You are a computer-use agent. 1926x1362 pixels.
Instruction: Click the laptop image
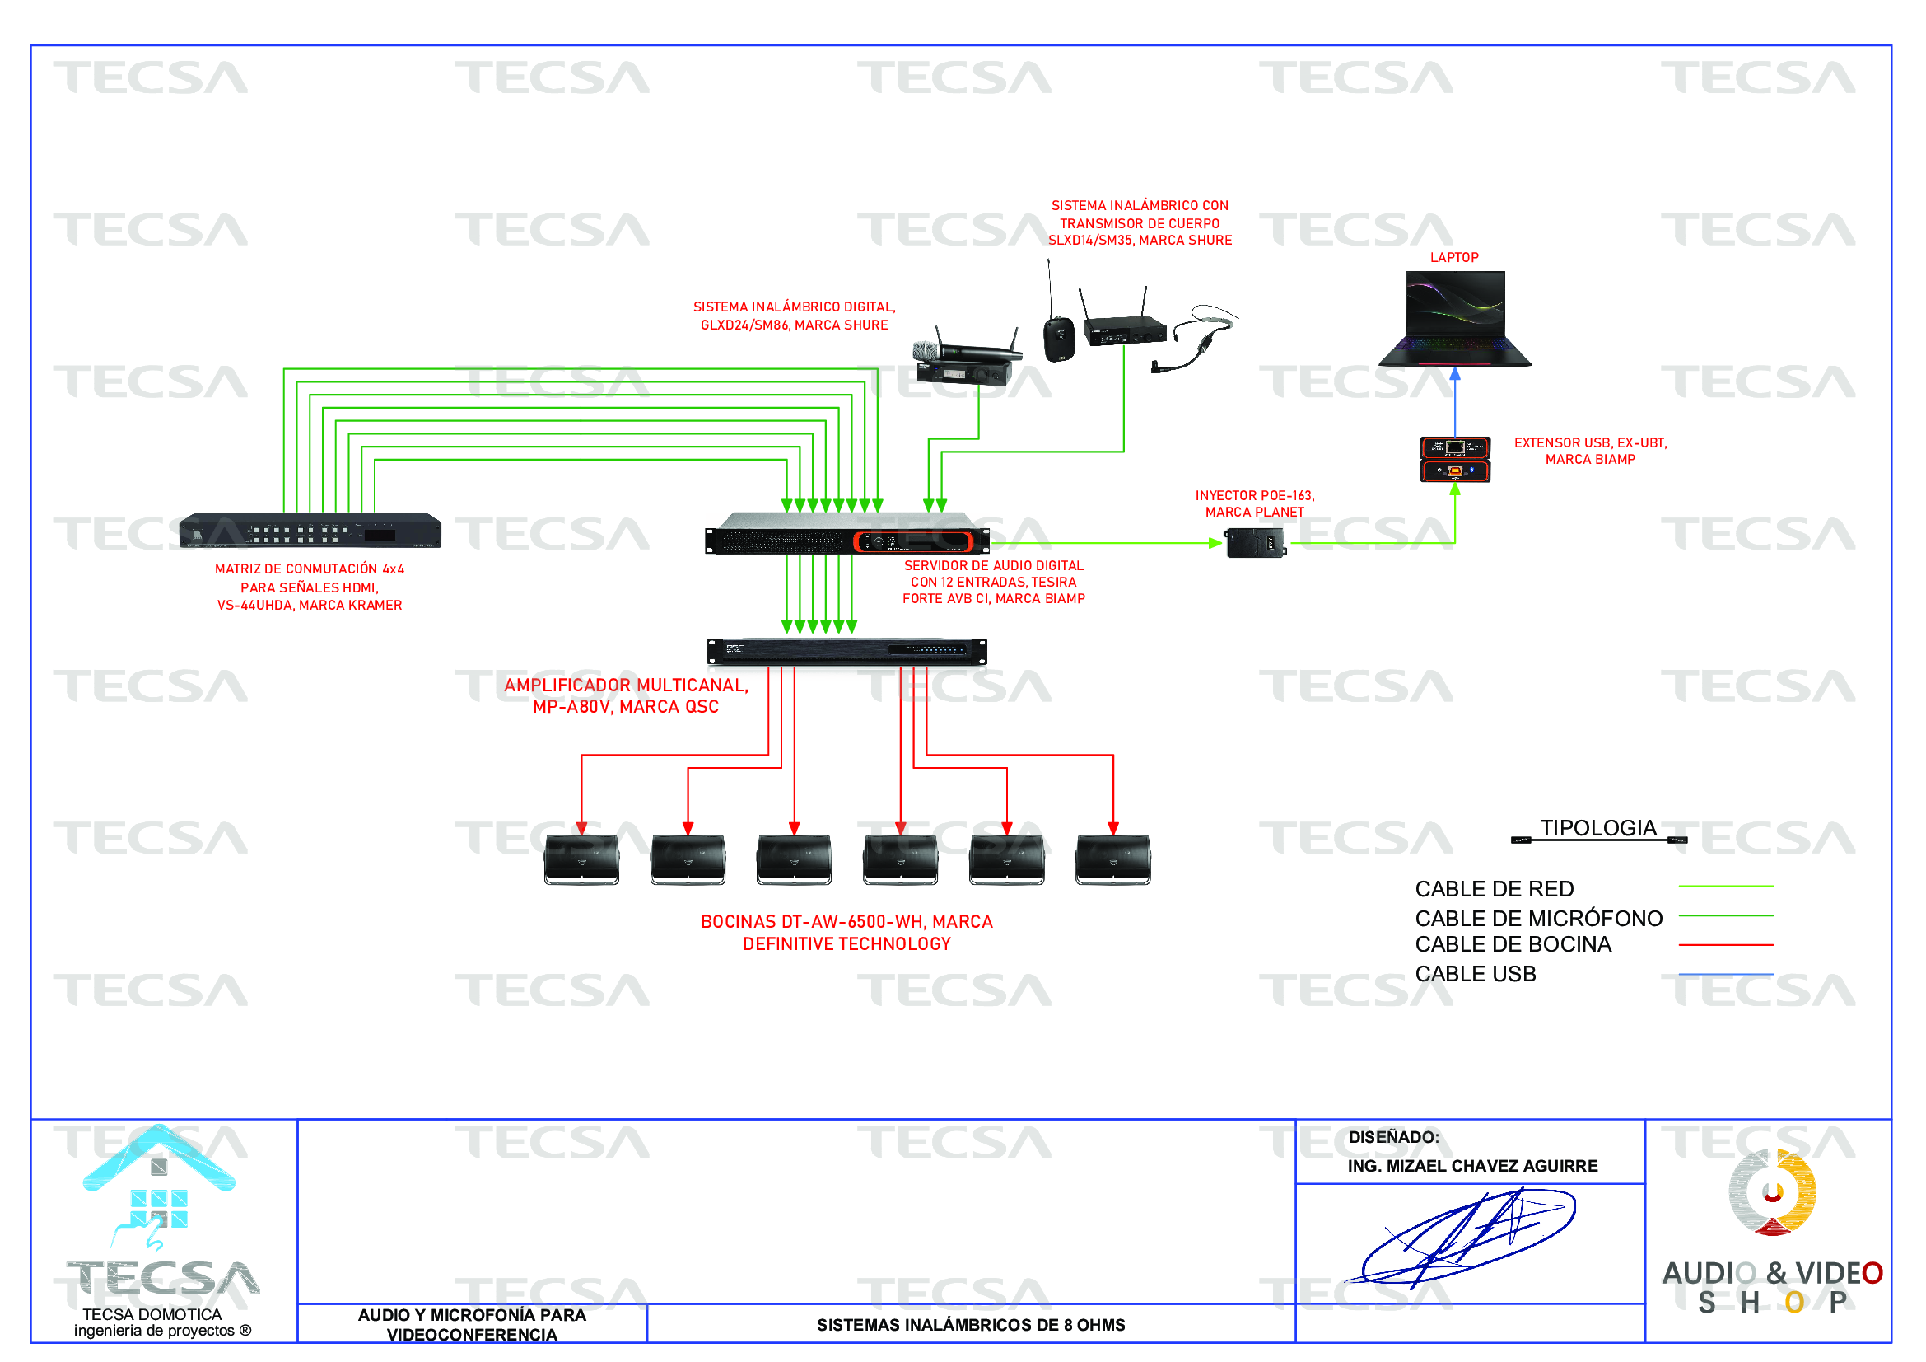(1453, 319)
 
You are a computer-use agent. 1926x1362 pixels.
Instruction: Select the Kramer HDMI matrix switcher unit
(310, 531)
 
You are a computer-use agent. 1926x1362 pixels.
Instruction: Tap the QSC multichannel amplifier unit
(846, 651)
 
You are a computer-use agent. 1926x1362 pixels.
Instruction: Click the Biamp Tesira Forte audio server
(846, 534)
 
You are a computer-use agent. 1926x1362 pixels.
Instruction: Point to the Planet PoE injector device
(1254, 543)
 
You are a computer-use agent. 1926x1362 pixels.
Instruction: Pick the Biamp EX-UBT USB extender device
(1453, 459)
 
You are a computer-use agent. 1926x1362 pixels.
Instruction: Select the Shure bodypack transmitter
(1059, 337)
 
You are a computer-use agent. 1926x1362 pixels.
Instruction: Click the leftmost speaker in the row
(581, 859)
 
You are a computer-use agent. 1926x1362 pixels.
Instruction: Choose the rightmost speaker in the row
(1112, 859)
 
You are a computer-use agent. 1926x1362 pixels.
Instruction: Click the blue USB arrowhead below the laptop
(1454, 374)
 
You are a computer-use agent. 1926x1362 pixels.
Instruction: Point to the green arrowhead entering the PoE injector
(1215, 543)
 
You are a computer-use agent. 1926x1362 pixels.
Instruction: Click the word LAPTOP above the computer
(1453, 258)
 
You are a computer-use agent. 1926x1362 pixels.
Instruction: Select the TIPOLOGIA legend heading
(1597, 828)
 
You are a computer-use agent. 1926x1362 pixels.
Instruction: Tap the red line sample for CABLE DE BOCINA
(1725, 945)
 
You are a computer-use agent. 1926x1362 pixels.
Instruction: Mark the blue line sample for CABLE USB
(1725, 974)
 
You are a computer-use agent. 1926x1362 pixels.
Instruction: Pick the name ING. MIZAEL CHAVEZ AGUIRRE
(1472, 1166)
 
